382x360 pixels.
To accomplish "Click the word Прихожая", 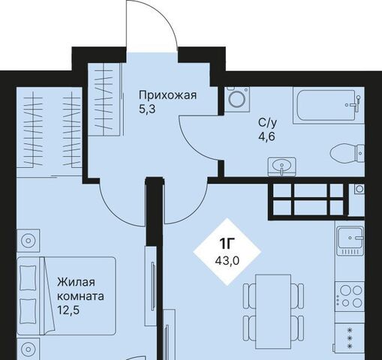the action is (167, 95).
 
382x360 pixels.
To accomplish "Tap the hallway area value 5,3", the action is (147, 109).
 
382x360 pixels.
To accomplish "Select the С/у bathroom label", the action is (268, 123).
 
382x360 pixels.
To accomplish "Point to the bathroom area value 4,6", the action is (267, 136).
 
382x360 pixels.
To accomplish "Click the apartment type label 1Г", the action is (227, 244).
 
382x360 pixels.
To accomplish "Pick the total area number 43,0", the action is (227, 261).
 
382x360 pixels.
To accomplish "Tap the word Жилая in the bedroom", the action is (76, 282).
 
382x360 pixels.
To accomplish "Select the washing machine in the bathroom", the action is (237, 98).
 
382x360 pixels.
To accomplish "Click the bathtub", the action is (329, 105).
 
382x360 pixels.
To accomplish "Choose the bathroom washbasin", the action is (282, 166).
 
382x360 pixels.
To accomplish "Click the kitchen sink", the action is (350, 241).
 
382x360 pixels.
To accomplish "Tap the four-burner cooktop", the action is (350, 296).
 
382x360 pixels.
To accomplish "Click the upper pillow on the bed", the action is (28, 277).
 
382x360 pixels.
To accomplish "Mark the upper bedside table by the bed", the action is (28, 241).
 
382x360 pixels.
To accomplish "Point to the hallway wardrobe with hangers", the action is (104, 99).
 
